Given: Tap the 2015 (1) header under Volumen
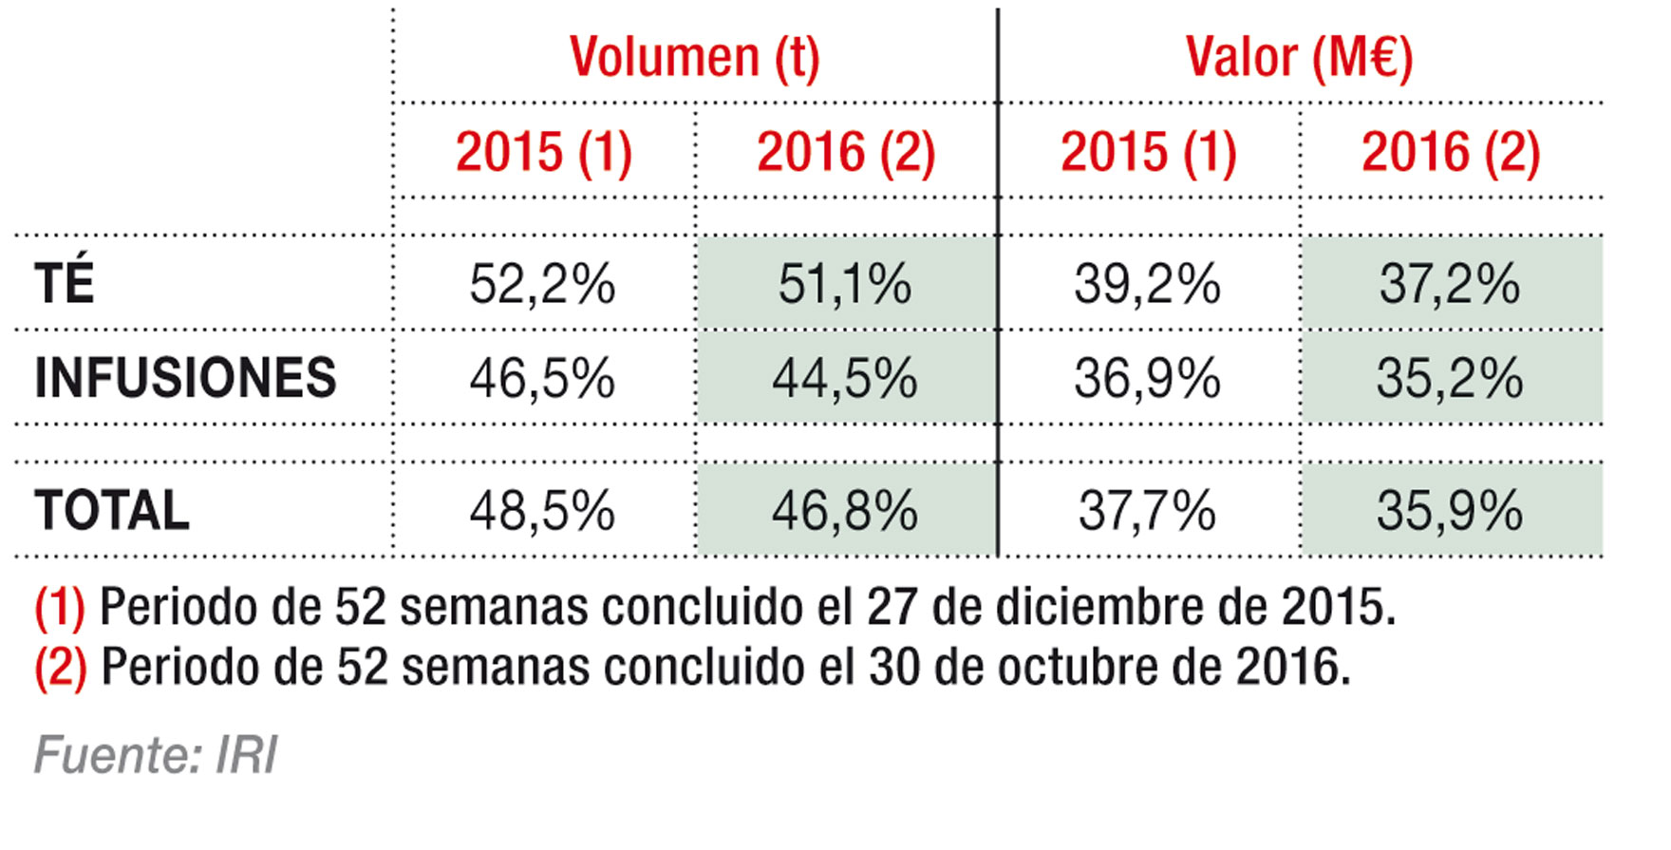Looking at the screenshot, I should [543, 152].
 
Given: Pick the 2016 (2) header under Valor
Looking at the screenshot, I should [1450, 152].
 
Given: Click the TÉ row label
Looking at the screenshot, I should [65, 283].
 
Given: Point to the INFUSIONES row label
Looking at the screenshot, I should [185, 378].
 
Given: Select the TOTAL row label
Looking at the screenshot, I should [112, 511].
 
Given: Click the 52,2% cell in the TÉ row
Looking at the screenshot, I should [542, 284].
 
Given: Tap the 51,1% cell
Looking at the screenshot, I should [844, 284].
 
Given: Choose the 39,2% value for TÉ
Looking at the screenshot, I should [1147, 284].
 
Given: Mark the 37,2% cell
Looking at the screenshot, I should [1449, 284].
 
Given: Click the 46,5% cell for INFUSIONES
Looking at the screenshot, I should [542, 379].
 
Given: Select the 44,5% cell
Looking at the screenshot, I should [844, 379].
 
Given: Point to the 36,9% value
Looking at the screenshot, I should [1147, 379].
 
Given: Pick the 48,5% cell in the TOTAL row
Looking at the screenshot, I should [542, 511].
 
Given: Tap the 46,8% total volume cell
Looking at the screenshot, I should [844, 511].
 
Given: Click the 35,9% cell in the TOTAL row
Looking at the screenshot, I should [1449, 511].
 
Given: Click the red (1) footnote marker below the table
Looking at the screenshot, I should [59, 608].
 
